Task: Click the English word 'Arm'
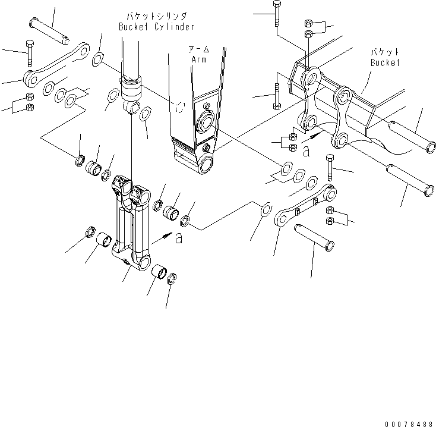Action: tap(198, 59)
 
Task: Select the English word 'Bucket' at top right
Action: tap(385, 62)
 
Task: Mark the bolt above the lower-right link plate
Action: tap(330, 167)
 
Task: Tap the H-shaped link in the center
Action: tap(134, 223)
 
